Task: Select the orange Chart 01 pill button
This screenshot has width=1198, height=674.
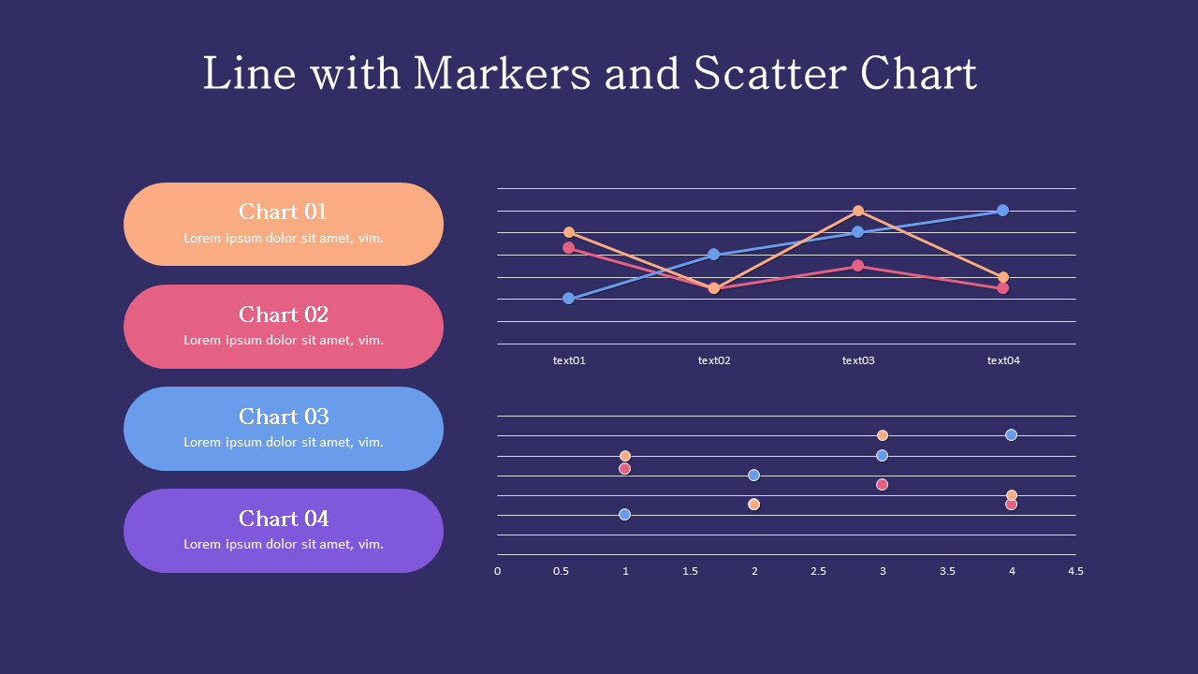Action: coord(284,225)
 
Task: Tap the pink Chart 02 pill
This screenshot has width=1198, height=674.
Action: coord(284,327)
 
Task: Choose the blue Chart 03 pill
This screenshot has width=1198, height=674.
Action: coord(284,429)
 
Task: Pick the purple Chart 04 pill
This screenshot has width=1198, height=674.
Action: coord(284,531)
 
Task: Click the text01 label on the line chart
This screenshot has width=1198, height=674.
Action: coord(569,360)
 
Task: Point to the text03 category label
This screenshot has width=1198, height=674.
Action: coord(858,360)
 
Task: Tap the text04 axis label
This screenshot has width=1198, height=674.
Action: coord(1003,360)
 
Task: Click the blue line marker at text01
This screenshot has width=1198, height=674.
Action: coord(569,299)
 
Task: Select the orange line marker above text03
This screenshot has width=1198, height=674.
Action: coord(858,211)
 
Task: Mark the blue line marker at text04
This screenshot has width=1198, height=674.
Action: coord(1002,210)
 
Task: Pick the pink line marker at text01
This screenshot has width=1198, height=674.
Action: coord(569,248)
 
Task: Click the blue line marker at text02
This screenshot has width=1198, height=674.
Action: coord(714,254)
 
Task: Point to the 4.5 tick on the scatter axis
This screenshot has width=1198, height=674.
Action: coord(1075,571)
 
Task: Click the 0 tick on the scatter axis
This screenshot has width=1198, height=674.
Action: coord(497,571)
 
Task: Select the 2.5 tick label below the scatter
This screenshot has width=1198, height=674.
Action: coord(818,571)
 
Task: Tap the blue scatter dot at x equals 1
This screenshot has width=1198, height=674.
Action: coord(625,514)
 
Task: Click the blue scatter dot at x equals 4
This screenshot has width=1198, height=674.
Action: coord(1011,434)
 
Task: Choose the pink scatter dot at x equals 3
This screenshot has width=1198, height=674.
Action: coord(882,484)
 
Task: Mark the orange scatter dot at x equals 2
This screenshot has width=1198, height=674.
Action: coord(753,505)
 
